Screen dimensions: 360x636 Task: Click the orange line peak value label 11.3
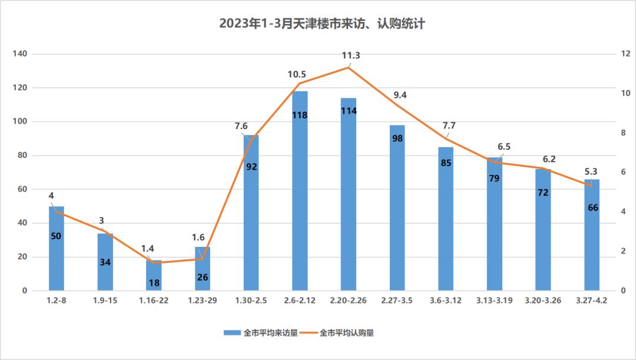[351, 55]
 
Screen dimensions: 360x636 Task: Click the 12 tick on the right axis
[625, 54]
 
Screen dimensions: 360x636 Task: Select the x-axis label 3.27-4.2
[592, 300]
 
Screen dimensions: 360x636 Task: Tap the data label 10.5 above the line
[297, 74]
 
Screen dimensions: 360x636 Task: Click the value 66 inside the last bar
[592, 207]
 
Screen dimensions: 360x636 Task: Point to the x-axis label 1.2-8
[57, 300]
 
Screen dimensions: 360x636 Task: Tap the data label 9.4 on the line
[400, 95]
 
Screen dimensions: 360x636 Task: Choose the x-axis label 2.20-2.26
[349, 300]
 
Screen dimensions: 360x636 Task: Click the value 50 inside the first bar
[57, 236]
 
